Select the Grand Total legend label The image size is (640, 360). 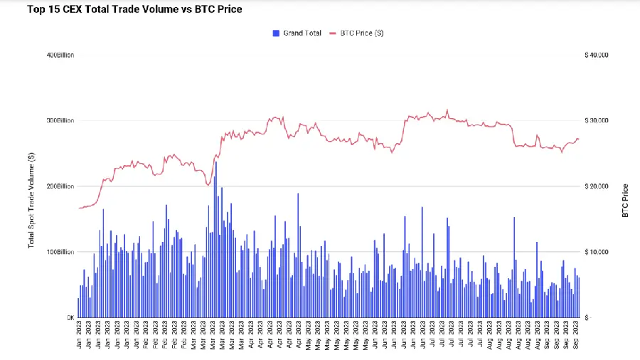(302, 33)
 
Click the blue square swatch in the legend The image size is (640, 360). (276, 33)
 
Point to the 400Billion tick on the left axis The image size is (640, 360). (60, 55)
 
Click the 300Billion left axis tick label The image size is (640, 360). (60, 121)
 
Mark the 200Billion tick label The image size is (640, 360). (60, 186)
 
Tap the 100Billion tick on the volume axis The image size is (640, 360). (60, 252)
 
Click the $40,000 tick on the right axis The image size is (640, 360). (595, 55)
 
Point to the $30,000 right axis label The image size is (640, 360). (595, 121)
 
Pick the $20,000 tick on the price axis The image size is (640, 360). (595, 186)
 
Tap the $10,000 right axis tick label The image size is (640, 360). (595, 252)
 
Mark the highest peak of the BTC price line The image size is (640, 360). (447, 110)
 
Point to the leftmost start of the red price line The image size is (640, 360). (79, 208)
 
